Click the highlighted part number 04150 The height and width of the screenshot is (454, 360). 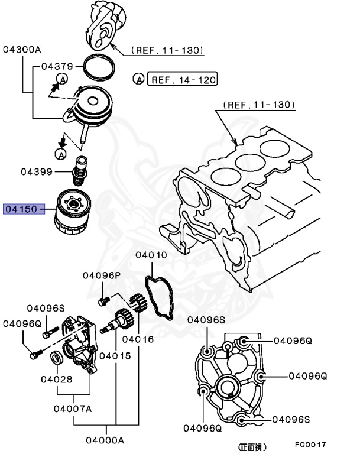coord(21,209)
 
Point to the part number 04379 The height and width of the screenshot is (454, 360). coord(57,67)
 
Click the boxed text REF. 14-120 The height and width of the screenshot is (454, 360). coord(183,79)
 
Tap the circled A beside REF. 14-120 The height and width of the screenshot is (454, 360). coord(138,79)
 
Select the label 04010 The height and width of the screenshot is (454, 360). coord(151,255)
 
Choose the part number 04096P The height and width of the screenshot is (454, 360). coord(101,275)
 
